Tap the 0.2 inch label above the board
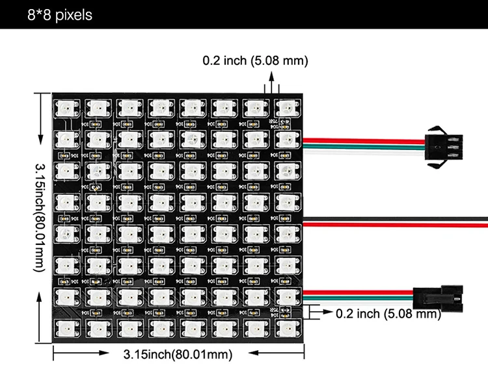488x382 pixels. coord(255,60)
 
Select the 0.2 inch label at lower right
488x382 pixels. coord(388,314)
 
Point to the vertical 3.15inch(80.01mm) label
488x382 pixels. coord(41,217)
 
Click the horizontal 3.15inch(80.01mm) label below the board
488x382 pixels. coord(178,354)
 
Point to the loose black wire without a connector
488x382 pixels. coord(397,216)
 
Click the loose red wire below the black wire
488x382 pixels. coord(397,223)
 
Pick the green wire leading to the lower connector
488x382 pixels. coord(364,296)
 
